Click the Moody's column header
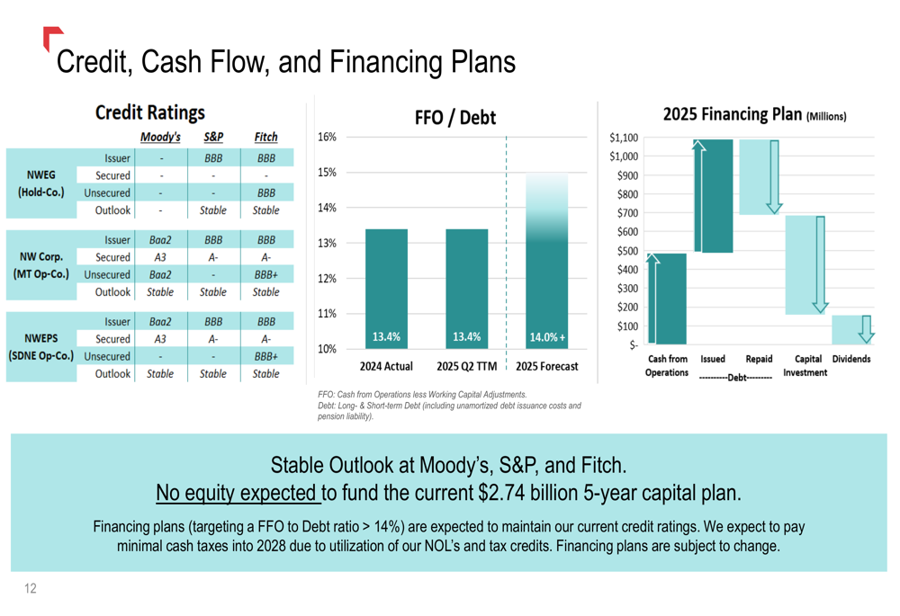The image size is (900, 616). tap(160, 138)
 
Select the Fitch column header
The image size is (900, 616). tap(265, 138)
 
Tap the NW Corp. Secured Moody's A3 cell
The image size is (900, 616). tap(160, 257)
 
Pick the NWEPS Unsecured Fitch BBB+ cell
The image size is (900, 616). tap(265, 357)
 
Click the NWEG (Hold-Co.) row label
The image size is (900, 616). tap(41, 183)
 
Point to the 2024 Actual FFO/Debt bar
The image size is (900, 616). tap(386, 288)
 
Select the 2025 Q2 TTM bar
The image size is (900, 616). tap(466, 288)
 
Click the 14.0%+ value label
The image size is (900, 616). tap(547, 337)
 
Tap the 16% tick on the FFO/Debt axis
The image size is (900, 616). tap(327, 138)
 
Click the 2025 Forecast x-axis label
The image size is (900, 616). tap(547, 367)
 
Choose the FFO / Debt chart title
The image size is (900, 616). tap(454, 118)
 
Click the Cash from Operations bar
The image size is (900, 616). tap(666, 299)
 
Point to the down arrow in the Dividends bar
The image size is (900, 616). tap(866, 329)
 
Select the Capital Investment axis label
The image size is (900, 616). tap(805, 365)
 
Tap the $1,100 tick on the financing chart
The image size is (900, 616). tap(623, 138)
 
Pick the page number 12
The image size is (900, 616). tap(31, 589)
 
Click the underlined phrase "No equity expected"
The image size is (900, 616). tap(238, 493)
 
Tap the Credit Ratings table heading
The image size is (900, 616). tap(149, 112)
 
